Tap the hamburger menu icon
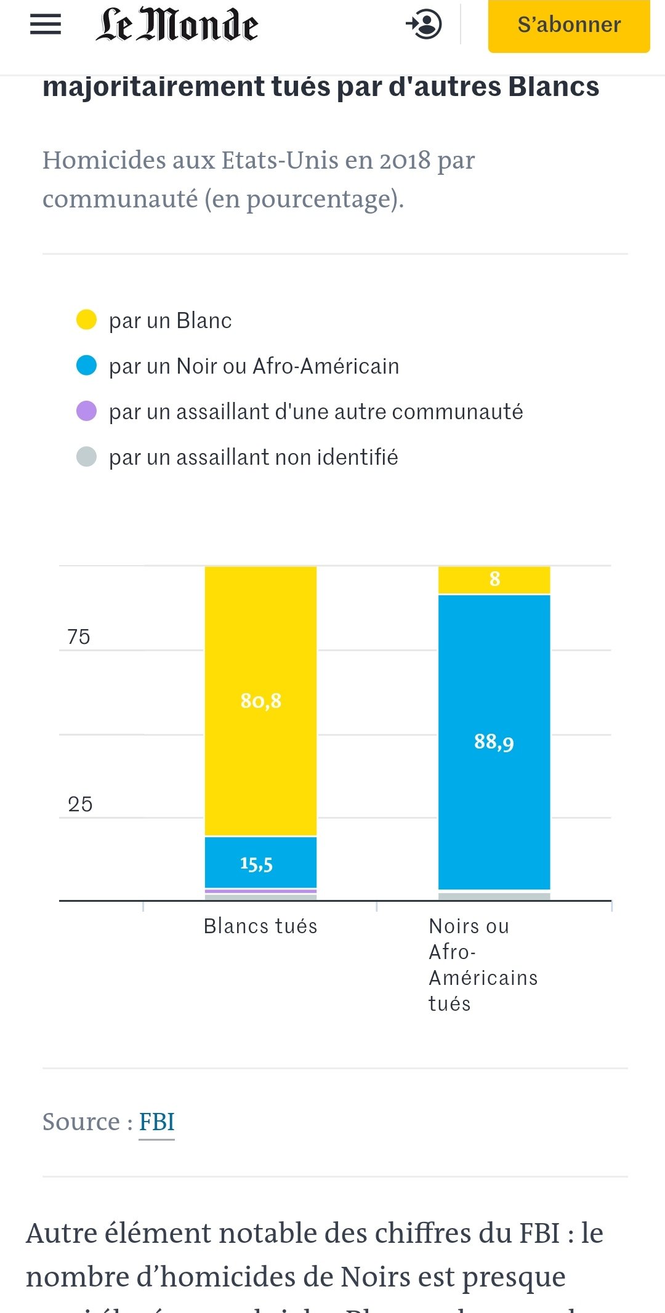tap(46, 25)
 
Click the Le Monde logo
tap(177, 25)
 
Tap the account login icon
tap(424, 25)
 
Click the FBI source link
tap(156, 1122)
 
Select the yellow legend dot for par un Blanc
tap(86, 320)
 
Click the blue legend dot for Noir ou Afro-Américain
tap(86, 366)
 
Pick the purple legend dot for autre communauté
tap(86, 411)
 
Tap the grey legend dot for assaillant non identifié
tap(86, 457)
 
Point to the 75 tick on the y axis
tap(79, 636)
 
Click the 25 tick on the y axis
tap(80, 804)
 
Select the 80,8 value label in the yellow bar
tap(260, 701)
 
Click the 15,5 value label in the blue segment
tap(256, 864)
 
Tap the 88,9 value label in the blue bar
tap(494, 742)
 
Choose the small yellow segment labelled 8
tap(494, 579)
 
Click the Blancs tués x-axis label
tap(260, 926)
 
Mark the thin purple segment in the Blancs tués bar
tap(260, 891)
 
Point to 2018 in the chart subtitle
tap(405, 160)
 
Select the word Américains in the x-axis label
tap(483, 978)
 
